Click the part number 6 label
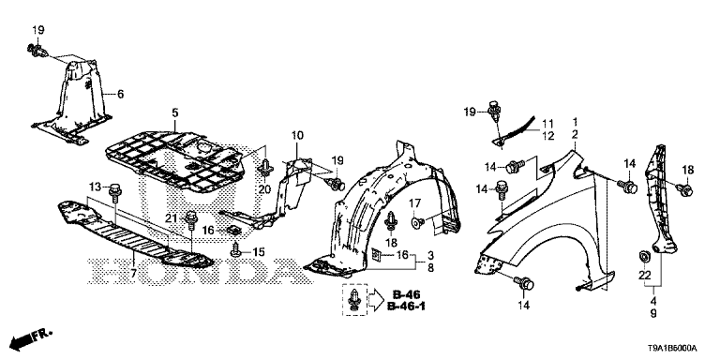point(120,94)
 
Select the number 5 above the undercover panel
point(175,112)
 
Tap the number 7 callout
point(133,274)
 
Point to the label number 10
point(297,135)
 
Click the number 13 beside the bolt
point(95,186)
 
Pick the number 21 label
point(172,218)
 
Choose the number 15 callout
point(259,251)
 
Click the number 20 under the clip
point(265,189)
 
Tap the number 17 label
point(415,202)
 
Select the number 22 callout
point(645,275)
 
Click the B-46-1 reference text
point(406,307)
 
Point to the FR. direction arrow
point(31,338)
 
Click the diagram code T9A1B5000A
point(674,349)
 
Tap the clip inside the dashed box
point(354,300)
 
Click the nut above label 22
point(645,256)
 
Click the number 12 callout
point(548,136)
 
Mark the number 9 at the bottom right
point(652,314)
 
